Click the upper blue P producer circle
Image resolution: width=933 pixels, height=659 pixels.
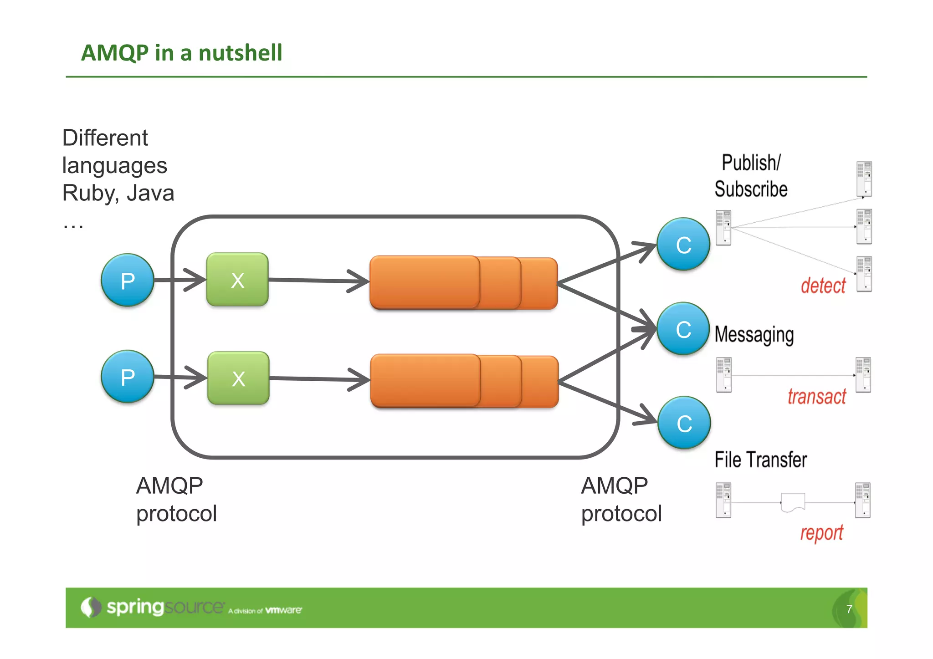tap(128, 280)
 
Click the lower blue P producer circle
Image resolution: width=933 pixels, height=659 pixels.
tap(128, 377)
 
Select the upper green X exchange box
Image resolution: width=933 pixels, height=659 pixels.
tap(237, 280)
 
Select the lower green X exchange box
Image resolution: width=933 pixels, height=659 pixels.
tap(238, 378)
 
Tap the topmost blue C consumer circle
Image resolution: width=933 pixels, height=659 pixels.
tap(683, 245)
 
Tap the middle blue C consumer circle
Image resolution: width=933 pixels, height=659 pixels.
tap(683, 329)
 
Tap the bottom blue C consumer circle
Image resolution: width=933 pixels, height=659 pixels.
tap(684, 423)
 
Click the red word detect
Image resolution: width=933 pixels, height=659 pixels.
tap(823, 286)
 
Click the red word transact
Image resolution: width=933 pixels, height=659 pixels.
tap(817, 397)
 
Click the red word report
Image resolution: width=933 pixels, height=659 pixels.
tap(822, 533)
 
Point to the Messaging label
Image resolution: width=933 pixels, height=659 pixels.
tap(754, 335)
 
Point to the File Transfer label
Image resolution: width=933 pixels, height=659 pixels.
tap(760, 460)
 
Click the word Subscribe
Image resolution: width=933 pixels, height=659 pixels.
tap(751, 189)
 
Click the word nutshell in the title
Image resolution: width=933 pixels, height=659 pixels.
tap(241, 52)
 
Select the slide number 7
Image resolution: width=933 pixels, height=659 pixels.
tap(849, 609)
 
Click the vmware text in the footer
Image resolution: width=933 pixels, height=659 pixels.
tap(283, 610)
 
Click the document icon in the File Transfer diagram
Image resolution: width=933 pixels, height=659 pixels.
tap(793, 502)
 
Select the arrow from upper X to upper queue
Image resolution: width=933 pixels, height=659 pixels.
tap(319, 281)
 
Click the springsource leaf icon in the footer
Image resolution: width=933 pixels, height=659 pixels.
tap(91, 607)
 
